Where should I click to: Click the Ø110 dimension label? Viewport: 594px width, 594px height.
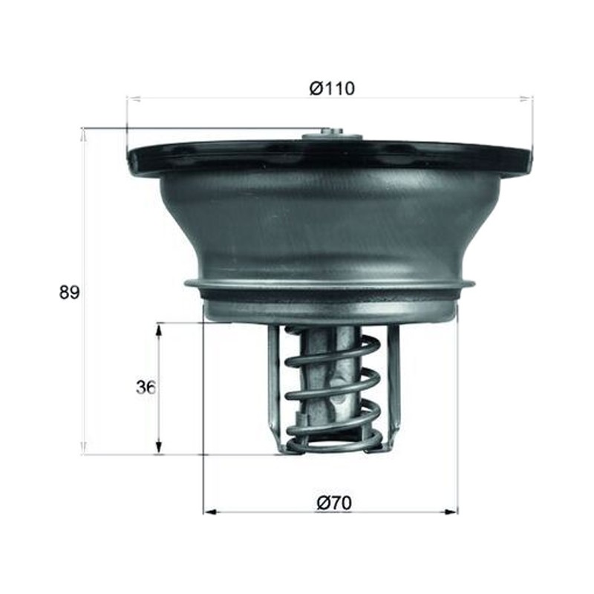(x=332, y=88)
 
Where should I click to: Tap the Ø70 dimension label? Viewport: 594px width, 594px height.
(x=333, y=503)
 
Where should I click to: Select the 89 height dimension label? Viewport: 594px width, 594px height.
(x=69, y=293)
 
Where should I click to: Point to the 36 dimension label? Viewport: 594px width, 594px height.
(x=146, y=387)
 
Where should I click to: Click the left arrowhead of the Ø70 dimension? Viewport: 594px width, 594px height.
(x=210, y=512)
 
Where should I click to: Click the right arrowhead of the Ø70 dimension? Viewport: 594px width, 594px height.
(x=451, y=512)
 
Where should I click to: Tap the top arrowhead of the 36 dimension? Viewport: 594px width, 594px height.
(x=160, y=329)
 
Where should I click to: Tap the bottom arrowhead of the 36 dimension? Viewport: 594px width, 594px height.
(x=160, y=448)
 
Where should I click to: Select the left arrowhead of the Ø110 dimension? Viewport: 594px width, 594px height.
(x=134, y=99)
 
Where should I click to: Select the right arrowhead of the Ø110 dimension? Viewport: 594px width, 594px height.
(x=526, y=99)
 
